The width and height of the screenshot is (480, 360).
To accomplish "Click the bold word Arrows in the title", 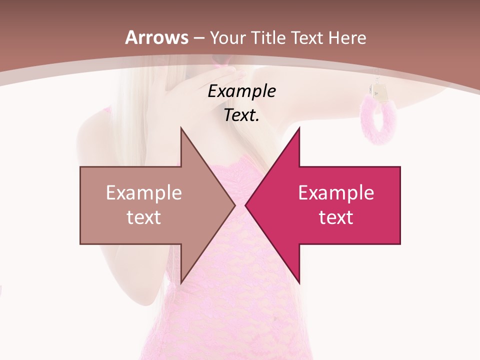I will tap(156, 37).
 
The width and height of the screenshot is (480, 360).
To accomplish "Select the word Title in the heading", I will tap(269, 37).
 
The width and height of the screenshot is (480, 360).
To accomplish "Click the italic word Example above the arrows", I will tap(241, 91).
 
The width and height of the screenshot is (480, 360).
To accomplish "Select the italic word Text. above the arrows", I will tap(241, 115).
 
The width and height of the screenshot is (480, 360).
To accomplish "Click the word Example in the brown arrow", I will tap(143, 193).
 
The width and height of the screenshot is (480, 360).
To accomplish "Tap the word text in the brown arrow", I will tap(143, 217).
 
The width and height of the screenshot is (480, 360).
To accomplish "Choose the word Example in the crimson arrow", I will tap(336, 193).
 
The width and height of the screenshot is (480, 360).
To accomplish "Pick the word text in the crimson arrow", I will tap(336, 217).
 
